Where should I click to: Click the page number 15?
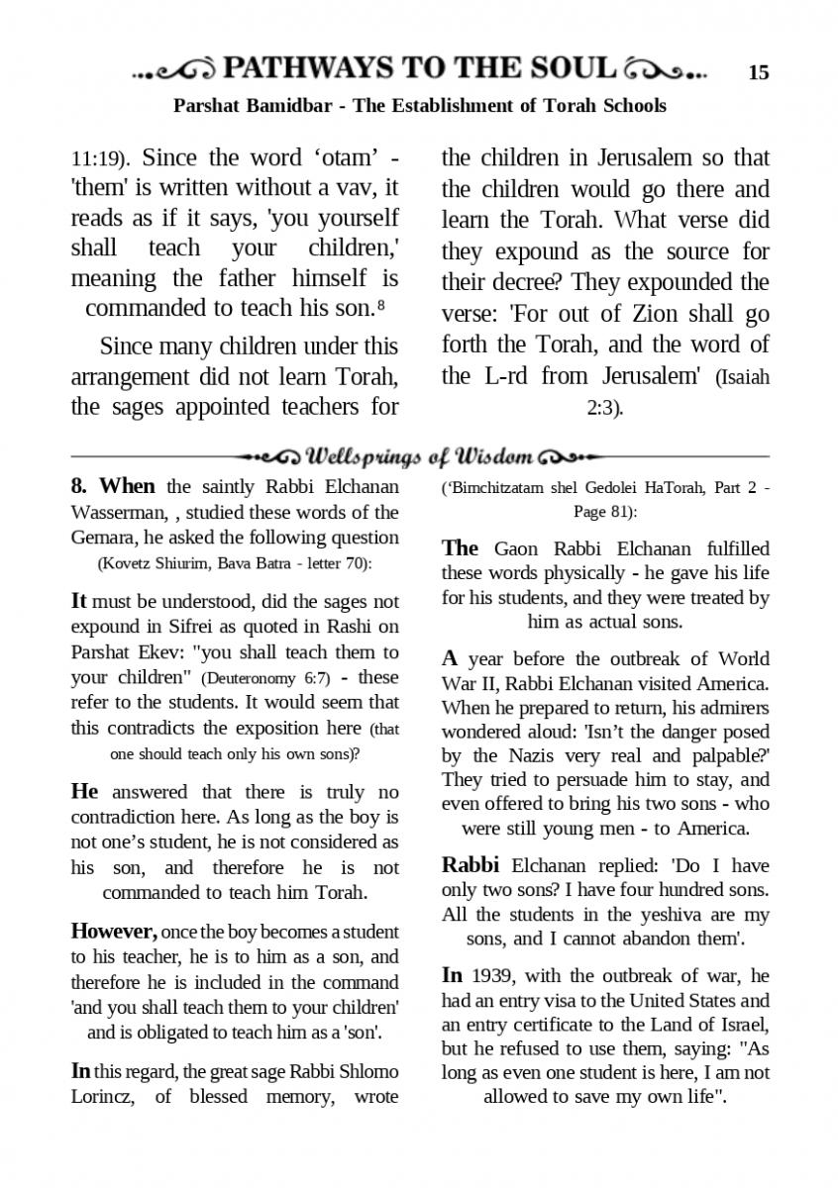(x=759, y=72)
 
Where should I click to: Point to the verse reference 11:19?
(x=98, y=159)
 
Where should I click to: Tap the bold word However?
(x=113, y=932)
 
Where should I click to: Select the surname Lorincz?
(x=103, y=1096)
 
